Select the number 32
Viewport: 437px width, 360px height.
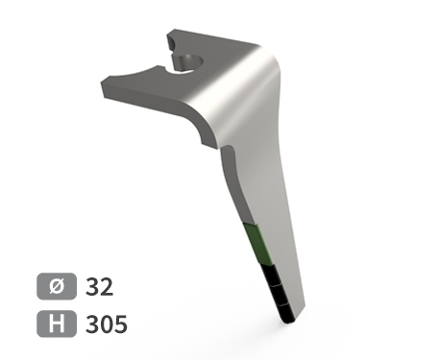(99, 286)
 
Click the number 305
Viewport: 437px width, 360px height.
(106, 324)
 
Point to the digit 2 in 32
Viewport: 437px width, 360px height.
(107, 286)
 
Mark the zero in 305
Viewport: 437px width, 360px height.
(106, 324)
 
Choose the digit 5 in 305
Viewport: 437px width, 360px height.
(119, 324)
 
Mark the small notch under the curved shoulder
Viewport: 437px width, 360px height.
(206, 145)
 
